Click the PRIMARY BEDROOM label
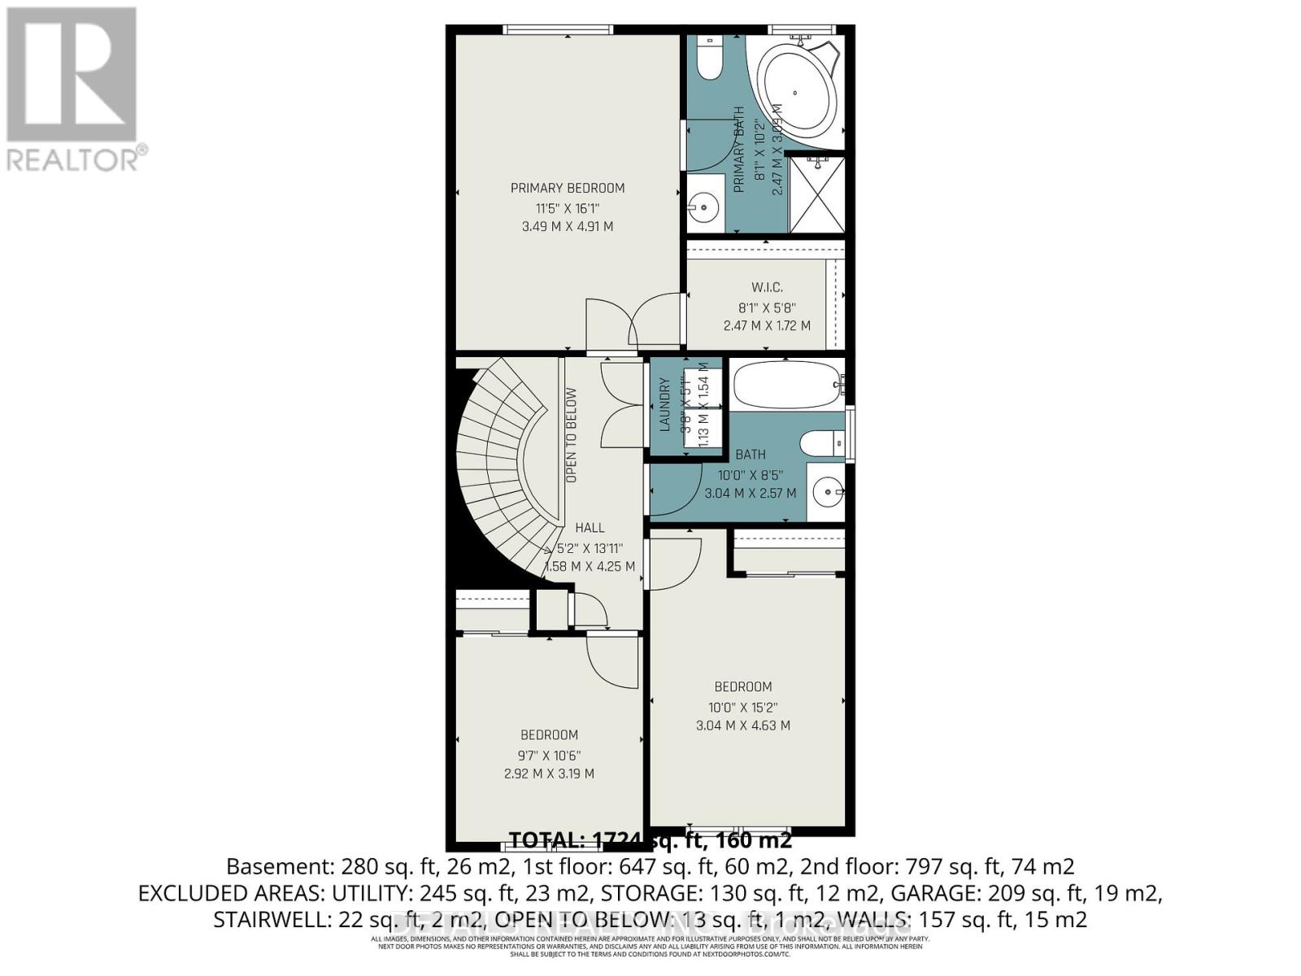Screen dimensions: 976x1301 pos(568,188)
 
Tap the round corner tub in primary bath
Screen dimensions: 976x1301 pos(797,96)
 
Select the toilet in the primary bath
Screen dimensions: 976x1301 pos(710,59)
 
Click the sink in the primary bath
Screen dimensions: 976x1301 pos(703,208)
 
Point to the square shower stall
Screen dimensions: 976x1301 pos(816,195)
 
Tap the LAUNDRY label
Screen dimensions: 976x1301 pos(664,404)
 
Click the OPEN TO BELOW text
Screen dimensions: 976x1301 pos(572,435)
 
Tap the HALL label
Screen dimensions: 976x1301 pos(590,528)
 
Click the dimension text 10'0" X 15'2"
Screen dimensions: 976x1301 pos(743,707)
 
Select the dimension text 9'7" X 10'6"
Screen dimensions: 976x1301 pos(549,755)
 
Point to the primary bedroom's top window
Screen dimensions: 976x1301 pos(557,30)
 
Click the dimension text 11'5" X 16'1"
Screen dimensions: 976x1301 pos(568,208)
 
